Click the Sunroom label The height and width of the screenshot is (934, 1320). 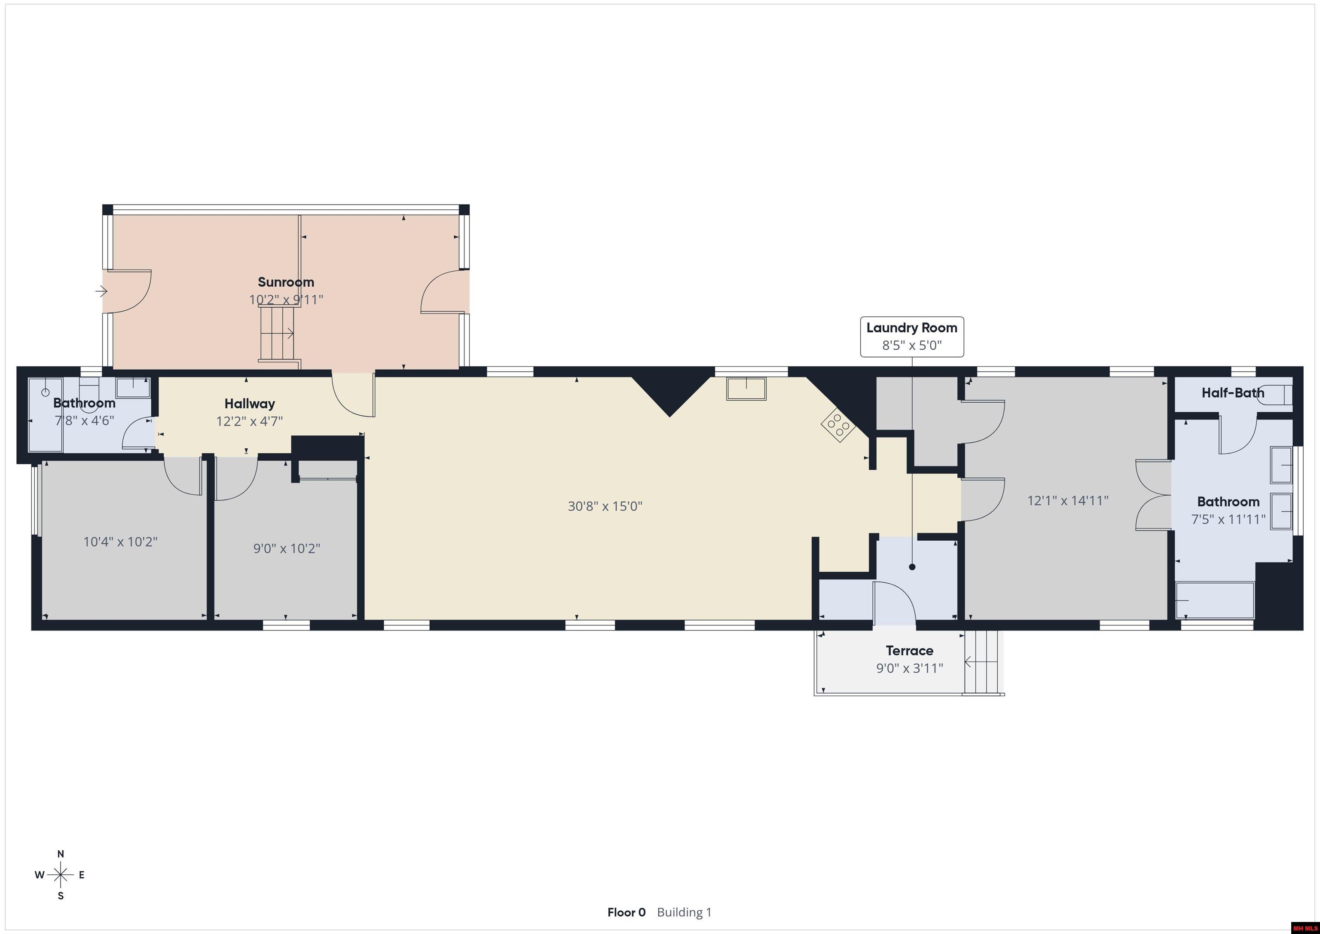(x=286, y=282)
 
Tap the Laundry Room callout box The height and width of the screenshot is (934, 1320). (x=911, y=337)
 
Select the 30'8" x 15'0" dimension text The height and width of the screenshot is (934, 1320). (x=605, y=506)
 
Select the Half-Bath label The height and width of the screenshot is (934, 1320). (x=1232, y=393)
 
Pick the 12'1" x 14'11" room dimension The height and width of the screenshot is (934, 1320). (x=1068, y=500)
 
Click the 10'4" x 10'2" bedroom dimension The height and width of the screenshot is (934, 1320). (x=120, y=542)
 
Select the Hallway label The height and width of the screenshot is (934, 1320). (x=250, y=403)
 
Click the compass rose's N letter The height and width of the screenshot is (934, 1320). (x=60, y=854)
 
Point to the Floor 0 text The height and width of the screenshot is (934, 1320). (x=626, y=912)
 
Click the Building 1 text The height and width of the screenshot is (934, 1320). (x=684, y=912)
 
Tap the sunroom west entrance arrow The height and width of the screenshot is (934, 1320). (x=101, y=291)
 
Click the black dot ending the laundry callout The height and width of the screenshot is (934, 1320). (x=912, y=567)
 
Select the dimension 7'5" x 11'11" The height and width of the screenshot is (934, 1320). (x=1228, y=519)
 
